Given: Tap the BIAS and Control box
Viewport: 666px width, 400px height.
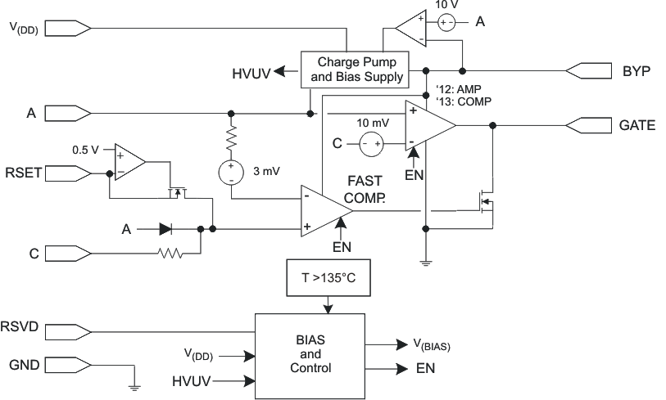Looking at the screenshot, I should [310, 353].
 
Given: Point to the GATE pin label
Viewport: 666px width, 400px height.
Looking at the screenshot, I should [637, 125].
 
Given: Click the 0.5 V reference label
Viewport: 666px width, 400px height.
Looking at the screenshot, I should [84, 150].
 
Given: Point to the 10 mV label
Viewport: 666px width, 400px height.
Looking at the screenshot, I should [373, 122].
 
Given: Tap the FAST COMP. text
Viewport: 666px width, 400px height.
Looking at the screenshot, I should [365, 188].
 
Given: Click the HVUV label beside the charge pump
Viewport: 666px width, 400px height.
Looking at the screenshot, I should [251, 72].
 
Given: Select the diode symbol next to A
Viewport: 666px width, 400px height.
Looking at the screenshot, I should [166, 230].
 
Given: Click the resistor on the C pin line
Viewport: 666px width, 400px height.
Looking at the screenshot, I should [171, 255].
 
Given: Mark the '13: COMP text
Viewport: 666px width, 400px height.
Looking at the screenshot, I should [455, 102].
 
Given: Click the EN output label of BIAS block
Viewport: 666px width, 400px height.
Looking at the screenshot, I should [425, 369].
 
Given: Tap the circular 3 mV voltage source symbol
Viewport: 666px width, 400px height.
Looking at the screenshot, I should [231, 173].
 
